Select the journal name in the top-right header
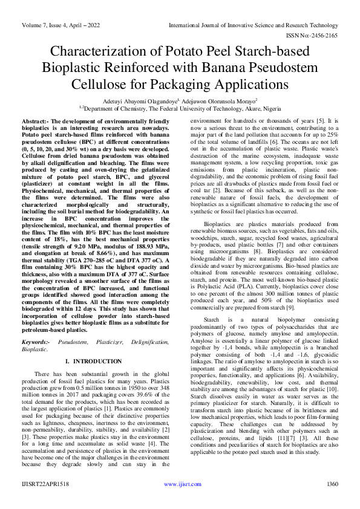(253, 26)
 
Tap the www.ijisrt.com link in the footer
(180, 501)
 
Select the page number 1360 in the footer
(332, 501)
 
